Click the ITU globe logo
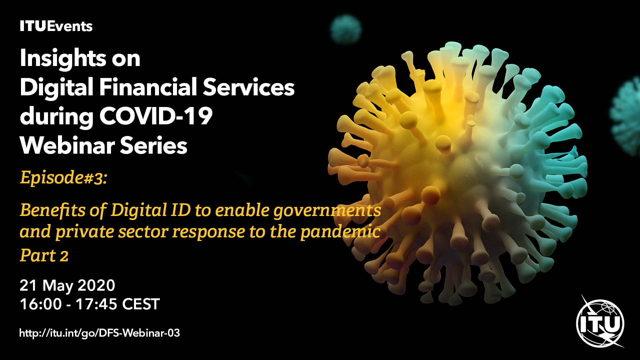(600, 322)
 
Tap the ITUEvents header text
(56, 26)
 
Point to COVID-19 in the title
(156, 116)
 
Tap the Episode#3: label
(64, 177)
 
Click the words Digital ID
(151, 210)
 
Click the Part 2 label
(44, 256)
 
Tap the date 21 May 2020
(67, 285)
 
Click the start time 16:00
(41, 304)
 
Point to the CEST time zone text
(141, 304)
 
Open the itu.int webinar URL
(100, 333)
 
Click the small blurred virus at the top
(346, 29)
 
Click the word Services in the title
(249, 87)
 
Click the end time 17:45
(96, 304)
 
